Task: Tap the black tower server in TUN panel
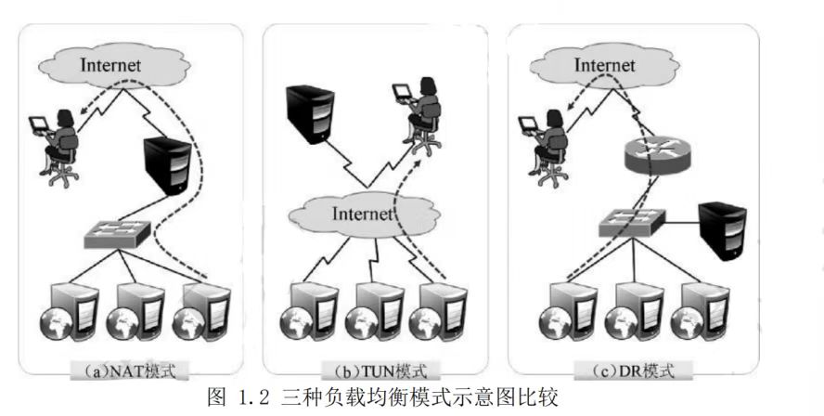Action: pos(309,112)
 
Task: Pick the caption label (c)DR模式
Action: pos(634,371)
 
